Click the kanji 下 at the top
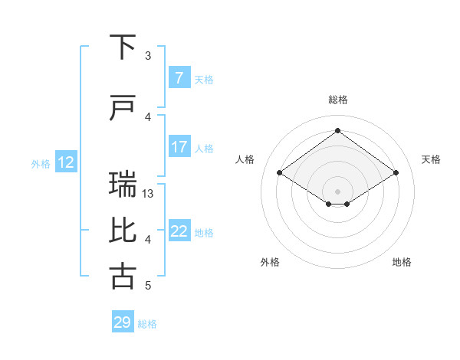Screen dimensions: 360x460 click(x=123, y=47)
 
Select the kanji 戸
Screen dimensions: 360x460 click(x=123, y=109)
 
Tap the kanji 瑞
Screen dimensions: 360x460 click(x=123, y=185)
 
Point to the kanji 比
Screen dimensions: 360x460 click(x=123, y=231)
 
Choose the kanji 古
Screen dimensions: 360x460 click(x=123, y=277)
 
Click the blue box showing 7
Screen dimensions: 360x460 click(x=179, y=78)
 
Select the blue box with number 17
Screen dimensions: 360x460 click(x=179, y=147)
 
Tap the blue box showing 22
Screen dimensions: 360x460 click(x=179, y=231)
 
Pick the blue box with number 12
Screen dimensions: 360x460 click(x=65, y=162)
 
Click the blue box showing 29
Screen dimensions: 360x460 click(x=123, y=322)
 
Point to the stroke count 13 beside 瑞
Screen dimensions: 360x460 click(x=148, y=194)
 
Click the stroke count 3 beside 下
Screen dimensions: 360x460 click(x=148, y=56)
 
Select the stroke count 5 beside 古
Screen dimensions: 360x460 click(x=148, y=286)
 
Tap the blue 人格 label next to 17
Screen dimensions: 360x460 click(x=204, y=148)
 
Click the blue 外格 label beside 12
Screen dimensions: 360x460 click(x=40, y=163)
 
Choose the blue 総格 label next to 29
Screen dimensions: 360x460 click(x=147, y=323)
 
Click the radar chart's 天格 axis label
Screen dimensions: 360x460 click(x=431, y=159)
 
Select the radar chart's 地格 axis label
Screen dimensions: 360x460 click(x=402, y=262)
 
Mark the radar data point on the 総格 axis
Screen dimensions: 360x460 click(x=337, y=130)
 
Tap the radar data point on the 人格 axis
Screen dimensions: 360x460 click(x=280, y=173)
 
